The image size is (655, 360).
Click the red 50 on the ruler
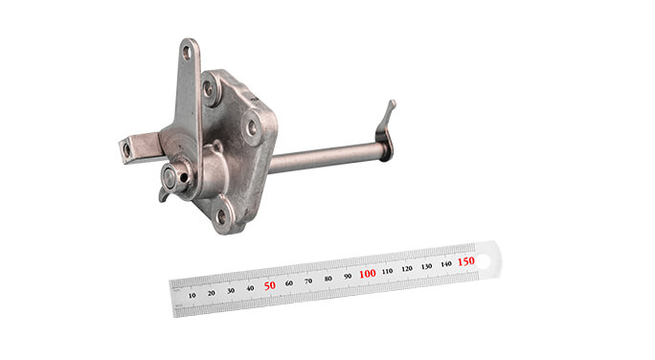269,285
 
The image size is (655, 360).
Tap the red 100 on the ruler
367,274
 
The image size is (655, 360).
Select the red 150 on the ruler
465,261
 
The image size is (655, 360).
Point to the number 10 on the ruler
192,296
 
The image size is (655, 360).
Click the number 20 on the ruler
211,293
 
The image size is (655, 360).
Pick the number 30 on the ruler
231,291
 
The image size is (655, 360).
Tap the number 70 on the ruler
309,281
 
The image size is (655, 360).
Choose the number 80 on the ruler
328,279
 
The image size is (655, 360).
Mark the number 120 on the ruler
407,269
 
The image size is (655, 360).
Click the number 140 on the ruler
445,264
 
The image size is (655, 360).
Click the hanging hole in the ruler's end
488,257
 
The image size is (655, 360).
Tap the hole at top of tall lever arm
188,52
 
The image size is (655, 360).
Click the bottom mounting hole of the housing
221,216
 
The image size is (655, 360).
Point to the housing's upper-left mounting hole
209,89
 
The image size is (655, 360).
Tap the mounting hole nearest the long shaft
252,125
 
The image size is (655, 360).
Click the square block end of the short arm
127,149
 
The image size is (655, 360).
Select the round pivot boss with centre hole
170,176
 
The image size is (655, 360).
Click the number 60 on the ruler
289,283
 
